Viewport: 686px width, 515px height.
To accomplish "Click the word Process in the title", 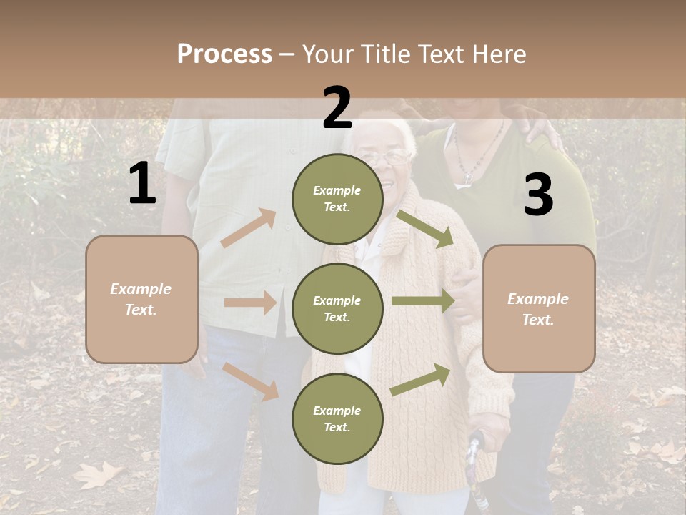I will point(224,54).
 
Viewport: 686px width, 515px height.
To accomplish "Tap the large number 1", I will point(142,184).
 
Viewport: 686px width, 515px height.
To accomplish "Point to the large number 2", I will point(337,108).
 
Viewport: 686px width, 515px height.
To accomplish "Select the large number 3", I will point(538,195).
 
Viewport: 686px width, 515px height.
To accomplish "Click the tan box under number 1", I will point(141,299).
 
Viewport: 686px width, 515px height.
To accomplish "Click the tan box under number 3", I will point(539,309).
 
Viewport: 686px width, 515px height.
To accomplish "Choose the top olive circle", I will point(337,199).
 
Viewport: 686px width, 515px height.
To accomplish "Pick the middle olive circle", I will point(337,308).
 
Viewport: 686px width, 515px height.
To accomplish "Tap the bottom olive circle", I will point(337,418).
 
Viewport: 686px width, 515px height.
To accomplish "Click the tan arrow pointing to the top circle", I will point(249,228).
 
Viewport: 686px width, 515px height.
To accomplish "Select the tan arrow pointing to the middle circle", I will point(250,303).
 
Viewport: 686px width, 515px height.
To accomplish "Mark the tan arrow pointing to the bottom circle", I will point(251,381).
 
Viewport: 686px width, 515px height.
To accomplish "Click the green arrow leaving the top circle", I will point(424,228).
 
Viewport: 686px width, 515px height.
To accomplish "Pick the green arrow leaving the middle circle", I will point(423,301).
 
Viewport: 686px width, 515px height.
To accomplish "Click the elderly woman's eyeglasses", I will point(388,157).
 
